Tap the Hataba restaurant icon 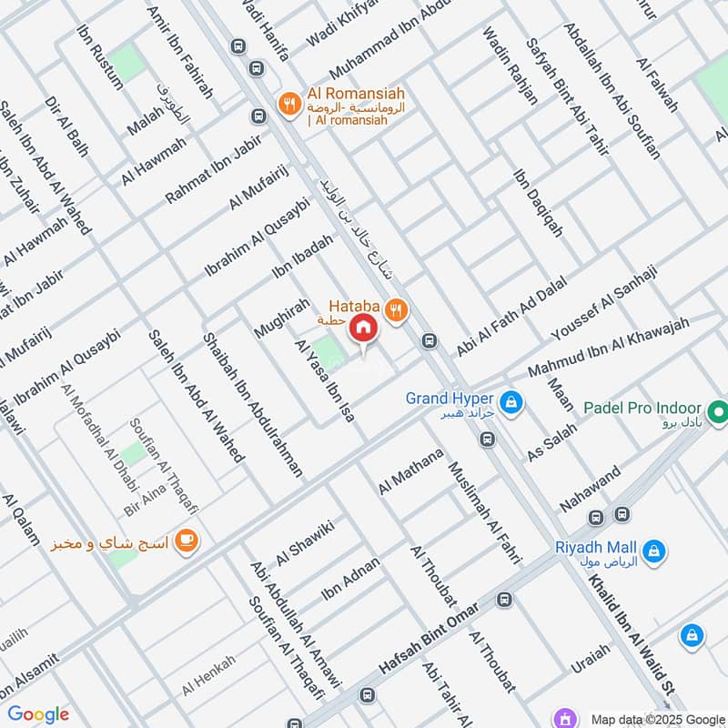(x=395, y=309)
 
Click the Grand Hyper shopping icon (x=511, y=399)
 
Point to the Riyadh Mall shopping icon (x=653, y=550)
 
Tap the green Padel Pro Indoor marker (x=719, y=409)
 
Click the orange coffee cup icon (x=187, y=541)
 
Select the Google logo (x=38, y=714)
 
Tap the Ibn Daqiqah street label (x=538, y=203)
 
